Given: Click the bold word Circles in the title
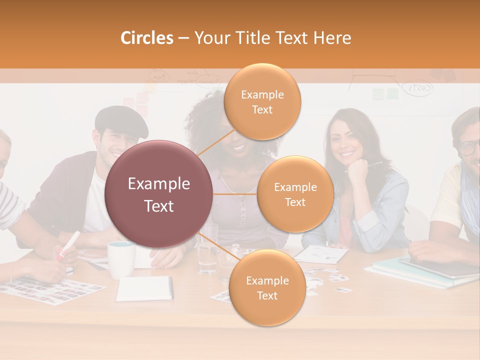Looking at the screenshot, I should pos(147,38).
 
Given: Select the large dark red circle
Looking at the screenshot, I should pos(159,194).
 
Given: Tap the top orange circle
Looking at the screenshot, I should pos(262,101).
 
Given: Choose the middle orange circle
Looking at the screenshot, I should pos(295,194).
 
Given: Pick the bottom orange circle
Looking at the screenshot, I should pos(267,287).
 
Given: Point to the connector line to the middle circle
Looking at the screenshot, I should pos(235,194).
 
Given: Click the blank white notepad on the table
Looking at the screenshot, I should pos(144,289).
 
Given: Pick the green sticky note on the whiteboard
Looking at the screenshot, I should pos(392,94).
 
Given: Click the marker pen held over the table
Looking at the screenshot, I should pos(68,244).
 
